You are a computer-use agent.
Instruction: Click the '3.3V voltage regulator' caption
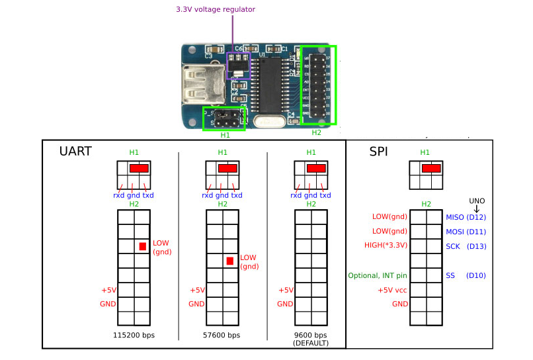(215, 9)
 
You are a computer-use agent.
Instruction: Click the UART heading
(75, 152)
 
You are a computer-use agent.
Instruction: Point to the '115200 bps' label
(134, 336)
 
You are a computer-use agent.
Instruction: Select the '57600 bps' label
(222, 336)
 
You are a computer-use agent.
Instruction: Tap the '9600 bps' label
(311, 335)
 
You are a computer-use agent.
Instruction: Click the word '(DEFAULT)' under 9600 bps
(311, 344)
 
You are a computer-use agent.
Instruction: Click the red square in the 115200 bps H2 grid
(142, 246)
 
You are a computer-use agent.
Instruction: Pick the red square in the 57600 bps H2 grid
(230, 261)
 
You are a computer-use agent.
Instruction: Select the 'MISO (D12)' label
(466, 217)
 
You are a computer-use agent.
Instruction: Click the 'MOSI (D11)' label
(466, 232)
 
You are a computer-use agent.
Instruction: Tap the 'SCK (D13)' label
(466, 246)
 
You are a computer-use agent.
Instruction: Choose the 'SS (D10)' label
(466, 275)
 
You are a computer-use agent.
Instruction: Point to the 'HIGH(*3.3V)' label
(386, 246)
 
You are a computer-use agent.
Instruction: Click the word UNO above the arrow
(477, 199)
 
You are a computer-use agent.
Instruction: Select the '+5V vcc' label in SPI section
(392, 290)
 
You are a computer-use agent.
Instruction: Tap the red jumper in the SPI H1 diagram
(432, 169)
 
